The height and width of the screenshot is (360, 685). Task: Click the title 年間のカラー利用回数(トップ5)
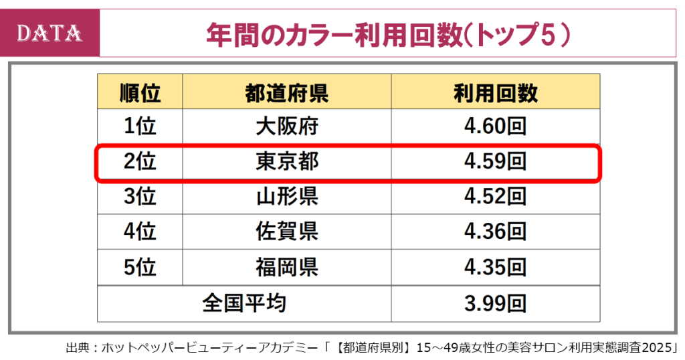pos(389,33)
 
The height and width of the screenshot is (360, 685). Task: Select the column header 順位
pos(140,92)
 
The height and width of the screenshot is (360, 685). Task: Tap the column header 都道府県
pos(286,92)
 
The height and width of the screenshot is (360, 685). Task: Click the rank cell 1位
pos(140,126)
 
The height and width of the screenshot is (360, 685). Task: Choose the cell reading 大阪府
pos(286,126)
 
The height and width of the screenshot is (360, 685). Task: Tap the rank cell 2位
pos(140,161)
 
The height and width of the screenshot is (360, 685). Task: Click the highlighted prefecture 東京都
pos(286,161)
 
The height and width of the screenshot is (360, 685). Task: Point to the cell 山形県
pos(286,197)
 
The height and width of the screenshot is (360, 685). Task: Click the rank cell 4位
pos(140,232)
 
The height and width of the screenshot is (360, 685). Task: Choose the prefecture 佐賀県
pos(286,232)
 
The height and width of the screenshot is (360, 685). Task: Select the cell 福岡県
pos(286,267)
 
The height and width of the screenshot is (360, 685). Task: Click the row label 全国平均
pos(244,303)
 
